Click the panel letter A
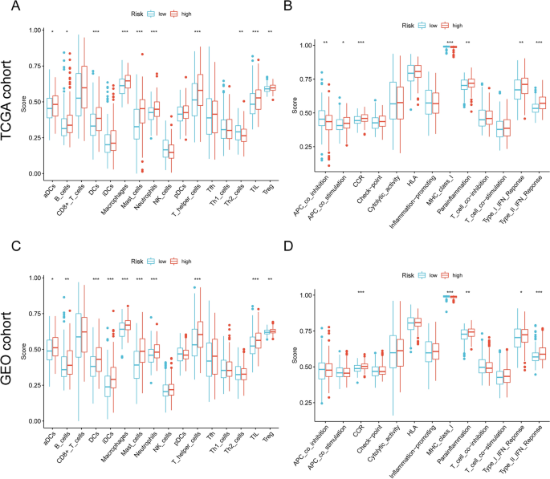pyautogui.click(x=15, y=10)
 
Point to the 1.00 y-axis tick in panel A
pyautogui.click(x=34, y=30)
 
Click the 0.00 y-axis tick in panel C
pyautogui.click(x=34, y=421)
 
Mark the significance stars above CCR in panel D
pyautogui.click(x=361, y=292)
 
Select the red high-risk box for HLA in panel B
pyautogui.click(x=418, y=72)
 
